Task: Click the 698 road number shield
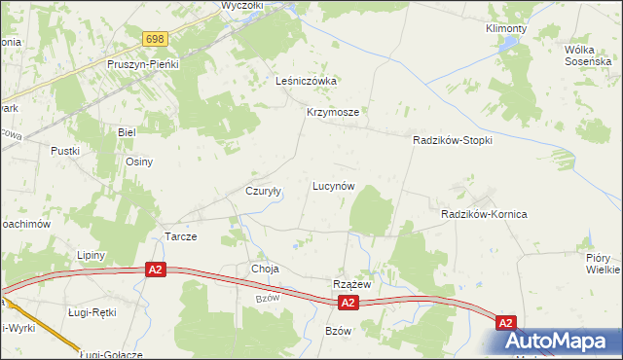pyautogui.click(x=155, y=39)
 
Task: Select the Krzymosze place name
pyautogui.click(x=334, y=112)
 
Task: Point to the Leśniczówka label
pyautogui.click(x=306, y=81)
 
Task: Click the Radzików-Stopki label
pyautogui.click(x=453, y=140)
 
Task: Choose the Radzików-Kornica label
pyautogui.click(x=484, y=213)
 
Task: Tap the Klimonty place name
pyautogui.click(x=506, y=29)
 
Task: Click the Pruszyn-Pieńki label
pyautogui.click(x=143, y=63)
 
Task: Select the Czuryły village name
pyautogui.click(x=263, y=192)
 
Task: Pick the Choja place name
pyautogui.click(x=265, y=268)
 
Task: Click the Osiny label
pyautogui.click(x=139, y=162)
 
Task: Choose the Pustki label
pyautogui.click(x=65, y=151)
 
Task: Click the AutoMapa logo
pyautogui.click(x=563, y=341)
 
